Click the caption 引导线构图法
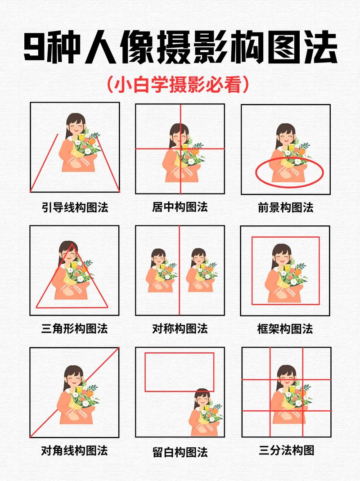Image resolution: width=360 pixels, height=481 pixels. point(75,207)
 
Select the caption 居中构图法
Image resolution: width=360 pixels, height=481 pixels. point(180,207)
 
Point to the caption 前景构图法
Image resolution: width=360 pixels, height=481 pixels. point(285,207)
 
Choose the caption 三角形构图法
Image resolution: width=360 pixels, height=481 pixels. point(75,328)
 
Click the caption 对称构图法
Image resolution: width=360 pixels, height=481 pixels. point(180,328)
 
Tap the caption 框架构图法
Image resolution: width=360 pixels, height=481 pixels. point(285,328)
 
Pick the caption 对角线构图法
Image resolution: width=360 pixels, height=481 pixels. point(75,450)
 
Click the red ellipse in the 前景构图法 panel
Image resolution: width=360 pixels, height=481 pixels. point(289,172)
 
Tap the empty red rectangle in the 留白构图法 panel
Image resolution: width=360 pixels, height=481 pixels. point(179,372)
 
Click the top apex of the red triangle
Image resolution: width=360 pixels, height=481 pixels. point(72,243)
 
